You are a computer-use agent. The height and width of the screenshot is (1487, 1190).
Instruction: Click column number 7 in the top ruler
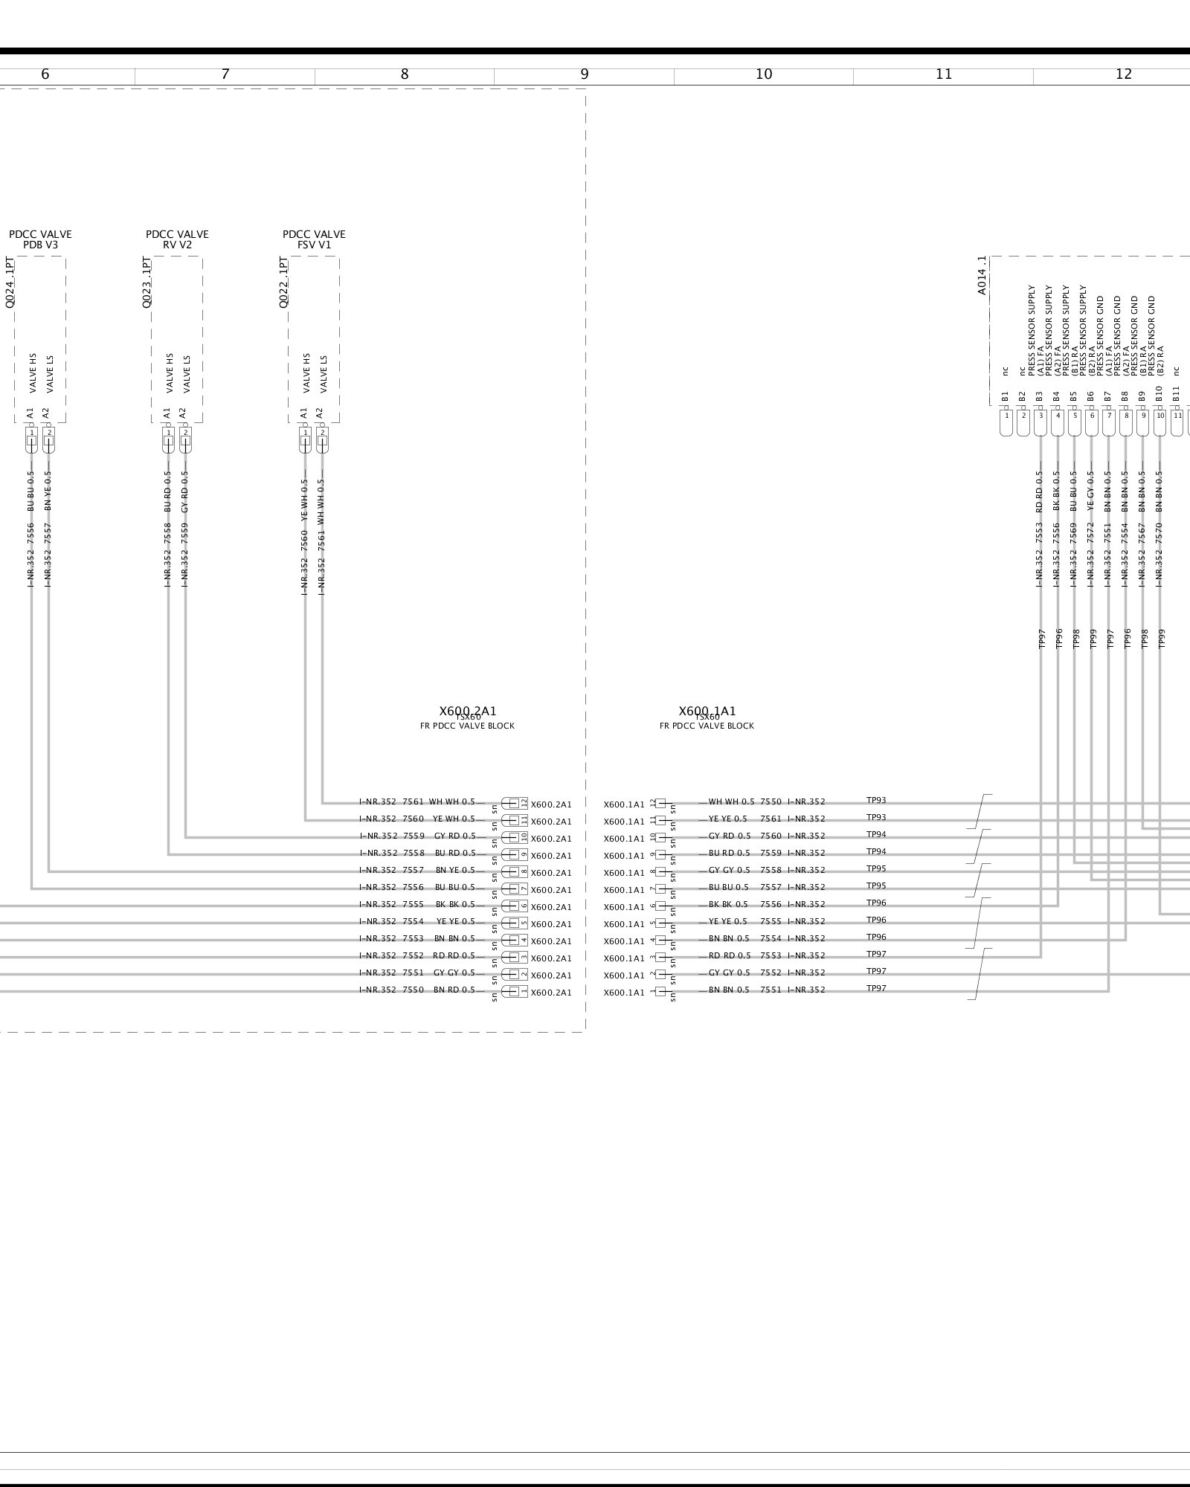[225, 74]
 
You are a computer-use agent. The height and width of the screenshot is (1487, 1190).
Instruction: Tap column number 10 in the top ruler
[764, 74]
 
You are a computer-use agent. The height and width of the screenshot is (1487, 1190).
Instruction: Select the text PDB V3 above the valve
[40, 245]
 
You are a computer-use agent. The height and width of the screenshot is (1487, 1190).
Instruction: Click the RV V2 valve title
[177, 245]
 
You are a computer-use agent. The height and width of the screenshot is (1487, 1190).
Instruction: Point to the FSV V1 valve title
[314, 245]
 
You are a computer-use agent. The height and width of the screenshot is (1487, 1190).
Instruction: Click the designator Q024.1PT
[10, 283]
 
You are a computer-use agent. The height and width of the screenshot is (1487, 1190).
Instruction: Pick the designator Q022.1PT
[283, 283]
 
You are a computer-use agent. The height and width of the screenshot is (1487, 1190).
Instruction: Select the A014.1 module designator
[982, 276]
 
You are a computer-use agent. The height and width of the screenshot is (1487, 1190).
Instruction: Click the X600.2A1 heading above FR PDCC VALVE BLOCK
[467, 712]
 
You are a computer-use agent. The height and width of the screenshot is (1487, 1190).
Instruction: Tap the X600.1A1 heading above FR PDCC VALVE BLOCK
[707, 712]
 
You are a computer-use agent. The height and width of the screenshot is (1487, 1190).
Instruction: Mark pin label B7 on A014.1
[1107, 396]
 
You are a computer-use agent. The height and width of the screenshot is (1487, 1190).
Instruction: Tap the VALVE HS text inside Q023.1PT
[170, 373]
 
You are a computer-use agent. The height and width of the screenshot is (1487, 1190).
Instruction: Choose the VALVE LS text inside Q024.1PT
[50, 374]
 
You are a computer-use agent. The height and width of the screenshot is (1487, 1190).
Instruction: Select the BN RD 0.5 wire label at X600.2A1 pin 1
[454, 990]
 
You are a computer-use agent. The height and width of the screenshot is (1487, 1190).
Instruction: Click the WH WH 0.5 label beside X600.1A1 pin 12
[730, 802]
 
